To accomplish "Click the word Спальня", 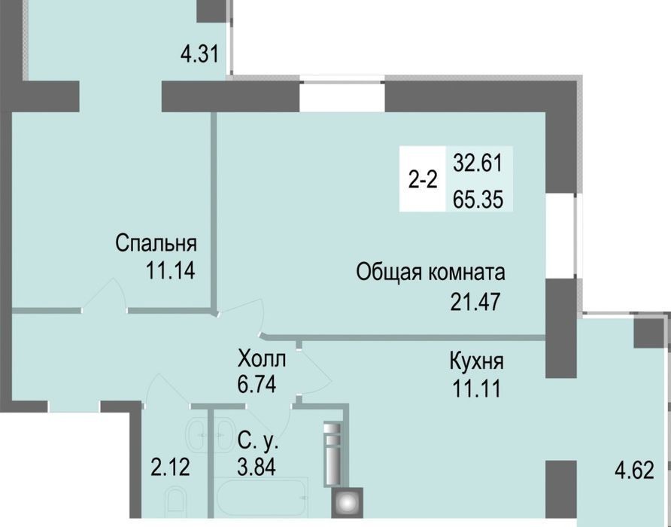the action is pos(156,244).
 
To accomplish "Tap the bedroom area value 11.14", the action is pos(170,270).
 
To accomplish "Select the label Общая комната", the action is pos(430,273).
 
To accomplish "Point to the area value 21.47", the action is pos(475,302).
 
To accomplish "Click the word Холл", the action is pos(262,359).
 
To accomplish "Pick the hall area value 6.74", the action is pos(257,384).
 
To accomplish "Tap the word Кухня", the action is pos(477,362).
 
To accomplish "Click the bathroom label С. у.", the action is pos(258,441).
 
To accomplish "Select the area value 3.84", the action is pos(257,466).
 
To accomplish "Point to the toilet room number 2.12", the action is pos(170,467).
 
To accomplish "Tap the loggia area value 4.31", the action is pos(200,54).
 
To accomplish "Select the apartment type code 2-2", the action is pos(423,181).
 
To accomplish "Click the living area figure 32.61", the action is pos(478,163).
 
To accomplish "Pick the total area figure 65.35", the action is pos(478,200).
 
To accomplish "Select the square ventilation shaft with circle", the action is pos(346,501).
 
